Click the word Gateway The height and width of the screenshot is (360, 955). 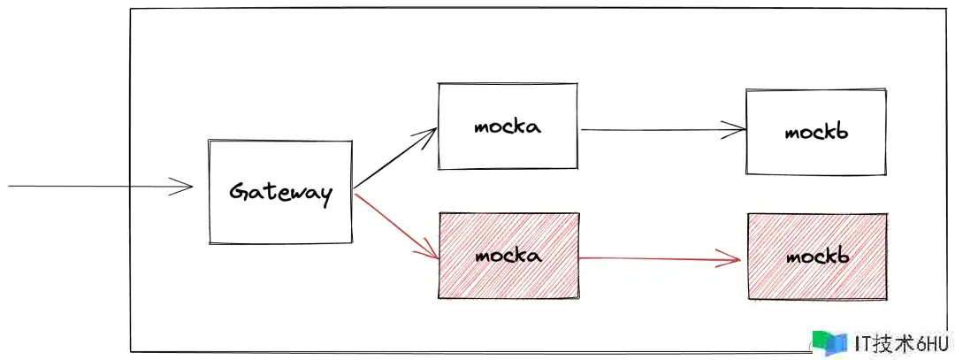coord(281,193)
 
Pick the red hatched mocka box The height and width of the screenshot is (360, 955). coord(508,256)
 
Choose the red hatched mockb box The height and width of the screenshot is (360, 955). coord(817,257)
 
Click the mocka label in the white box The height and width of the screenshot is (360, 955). coord(508,127)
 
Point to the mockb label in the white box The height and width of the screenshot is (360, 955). coord(816,132)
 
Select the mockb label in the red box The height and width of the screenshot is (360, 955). coord(817,256)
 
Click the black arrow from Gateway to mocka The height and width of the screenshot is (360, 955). coord(395,157)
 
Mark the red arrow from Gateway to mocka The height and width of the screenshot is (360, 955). coord(396,226)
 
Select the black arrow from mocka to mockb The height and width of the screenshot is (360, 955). coord(663,129)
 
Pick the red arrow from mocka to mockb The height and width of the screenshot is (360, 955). coord(660,259)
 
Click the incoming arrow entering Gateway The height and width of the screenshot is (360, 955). coord(101,186)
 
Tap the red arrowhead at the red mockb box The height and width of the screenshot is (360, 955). coord(729,259)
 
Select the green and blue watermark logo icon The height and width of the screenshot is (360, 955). coord(829,342)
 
